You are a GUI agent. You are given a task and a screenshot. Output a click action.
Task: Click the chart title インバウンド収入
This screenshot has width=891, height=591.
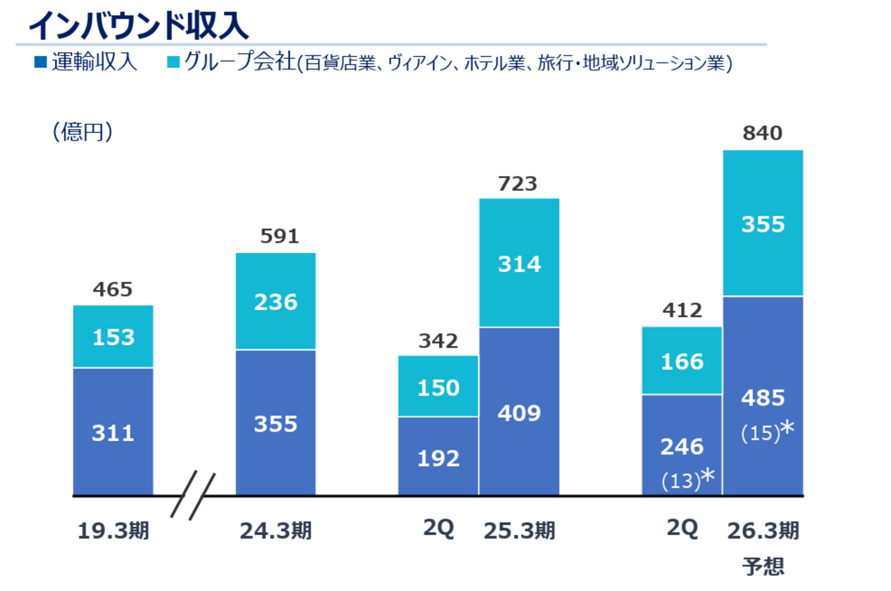138,26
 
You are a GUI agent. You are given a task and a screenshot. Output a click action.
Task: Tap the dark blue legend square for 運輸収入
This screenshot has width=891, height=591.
40,62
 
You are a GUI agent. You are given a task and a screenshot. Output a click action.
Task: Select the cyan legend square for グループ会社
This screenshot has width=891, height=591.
173,62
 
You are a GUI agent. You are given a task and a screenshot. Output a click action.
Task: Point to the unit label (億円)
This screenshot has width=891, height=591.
82,132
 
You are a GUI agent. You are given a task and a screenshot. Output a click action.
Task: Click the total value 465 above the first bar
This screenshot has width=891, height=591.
112,290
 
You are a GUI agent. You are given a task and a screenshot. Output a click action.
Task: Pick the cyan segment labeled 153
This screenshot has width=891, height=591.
113,337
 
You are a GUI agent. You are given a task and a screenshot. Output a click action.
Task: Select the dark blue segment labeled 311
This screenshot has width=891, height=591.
113,433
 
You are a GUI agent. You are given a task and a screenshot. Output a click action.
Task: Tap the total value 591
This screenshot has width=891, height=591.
280,236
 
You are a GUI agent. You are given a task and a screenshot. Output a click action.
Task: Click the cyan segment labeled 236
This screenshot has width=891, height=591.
276,302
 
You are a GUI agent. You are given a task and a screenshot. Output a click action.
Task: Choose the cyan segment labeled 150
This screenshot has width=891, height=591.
438,388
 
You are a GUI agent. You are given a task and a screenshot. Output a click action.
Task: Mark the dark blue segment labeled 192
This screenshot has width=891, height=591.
438,458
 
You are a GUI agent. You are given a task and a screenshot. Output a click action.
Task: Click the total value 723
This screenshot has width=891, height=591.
518,184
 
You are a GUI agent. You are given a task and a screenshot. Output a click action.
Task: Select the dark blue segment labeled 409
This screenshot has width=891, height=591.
519,413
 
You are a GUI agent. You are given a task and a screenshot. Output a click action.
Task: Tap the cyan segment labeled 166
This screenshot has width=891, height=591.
682,362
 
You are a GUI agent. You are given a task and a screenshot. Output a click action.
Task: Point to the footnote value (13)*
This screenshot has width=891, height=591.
688,480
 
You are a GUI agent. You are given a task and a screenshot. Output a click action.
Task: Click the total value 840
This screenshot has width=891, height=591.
762,134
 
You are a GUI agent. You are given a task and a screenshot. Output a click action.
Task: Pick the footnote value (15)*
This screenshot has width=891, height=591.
767,432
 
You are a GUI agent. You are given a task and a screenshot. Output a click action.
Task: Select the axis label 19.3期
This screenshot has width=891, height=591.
113,531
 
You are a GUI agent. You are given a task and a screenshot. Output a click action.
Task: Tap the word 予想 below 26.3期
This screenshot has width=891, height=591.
763,566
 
